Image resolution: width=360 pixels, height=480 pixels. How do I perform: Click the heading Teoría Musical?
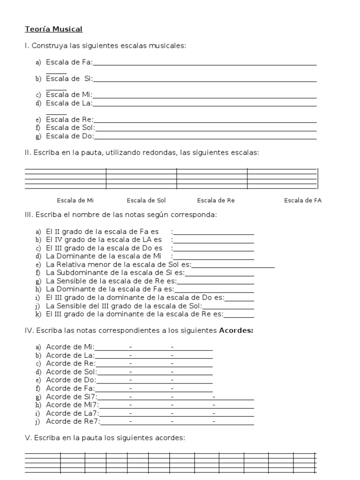click(53, 30)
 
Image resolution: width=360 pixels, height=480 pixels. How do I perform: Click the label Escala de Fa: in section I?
click(69, 62)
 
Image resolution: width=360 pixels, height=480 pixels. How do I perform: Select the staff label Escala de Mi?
click(75, 201)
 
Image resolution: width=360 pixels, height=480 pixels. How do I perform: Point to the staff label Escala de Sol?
click(146, 201)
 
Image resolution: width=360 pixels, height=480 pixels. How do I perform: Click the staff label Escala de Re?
click(216, 201)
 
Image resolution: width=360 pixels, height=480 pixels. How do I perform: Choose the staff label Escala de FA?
click(303, 201)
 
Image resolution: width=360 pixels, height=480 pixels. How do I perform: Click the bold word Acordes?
click(236, 330)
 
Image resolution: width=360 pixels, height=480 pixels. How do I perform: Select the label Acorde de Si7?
click(72, 397)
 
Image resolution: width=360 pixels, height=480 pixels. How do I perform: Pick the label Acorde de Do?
click(71, 380)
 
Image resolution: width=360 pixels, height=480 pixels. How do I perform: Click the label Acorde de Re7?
click(73, 421)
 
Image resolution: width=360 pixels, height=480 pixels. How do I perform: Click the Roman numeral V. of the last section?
click(27, 438)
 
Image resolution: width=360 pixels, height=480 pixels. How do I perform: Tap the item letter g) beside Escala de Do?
click(38, 136)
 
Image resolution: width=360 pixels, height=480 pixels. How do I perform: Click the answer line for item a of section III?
click(214, 232)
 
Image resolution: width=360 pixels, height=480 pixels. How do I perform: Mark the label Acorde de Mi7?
click(72, 405)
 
